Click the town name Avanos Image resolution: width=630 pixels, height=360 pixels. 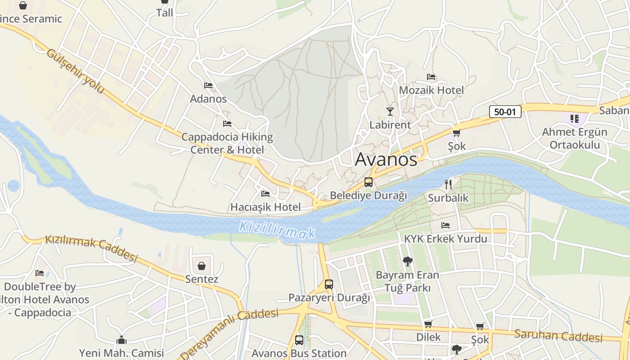click(x=386, y=160)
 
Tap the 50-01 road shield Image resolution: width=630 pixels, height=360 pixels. click(x=505, y=112)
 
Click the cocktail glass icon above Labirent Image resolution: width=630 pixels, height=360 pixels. click(x=390, y=111)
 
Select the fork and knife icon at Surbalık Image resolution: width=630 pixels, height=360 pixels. click(x=448, y=184)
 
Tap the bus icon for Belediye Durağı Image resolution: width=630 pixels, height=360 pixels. click(x=369, y=182)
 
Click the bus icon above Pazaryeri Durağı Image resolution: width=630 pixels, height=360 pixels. click(x=329, y=284)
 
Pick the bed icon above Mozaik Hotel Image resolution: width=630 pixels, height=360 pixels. click(x=431, y=77)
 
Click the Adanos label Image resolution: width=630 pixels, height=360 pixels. click(x=208, y=99)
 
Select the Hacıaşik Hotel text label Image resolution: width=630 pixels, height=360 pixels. click(x=265, y=207)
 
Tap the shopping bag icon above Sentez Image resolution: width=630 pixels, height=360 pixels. click(x=202, y=265)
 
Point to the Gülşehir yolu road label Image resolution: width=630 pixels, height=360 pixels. click(x=75, y=72)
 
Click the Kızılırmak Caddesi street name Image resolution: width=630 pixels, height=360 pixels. click(x=91, y=248)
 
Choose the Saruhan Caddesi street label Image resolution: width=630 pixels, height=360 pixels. click(x=558, y=336)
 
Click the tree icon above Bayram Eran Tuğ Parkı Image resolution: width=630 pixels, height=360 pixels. click(x=408, y=261)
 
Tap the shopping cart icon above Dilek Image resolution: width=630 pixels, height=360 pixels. click(x=428, y=324)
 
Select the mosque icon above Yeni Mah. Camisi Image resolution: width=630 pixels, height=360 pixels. click(x=121, y=340)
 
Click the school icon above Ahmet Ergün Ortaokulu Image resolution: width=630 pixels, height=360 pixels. click(x=575, y=119)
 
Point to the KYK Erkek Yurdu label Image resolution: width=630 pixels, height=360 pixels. click(x=445, y=238)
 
